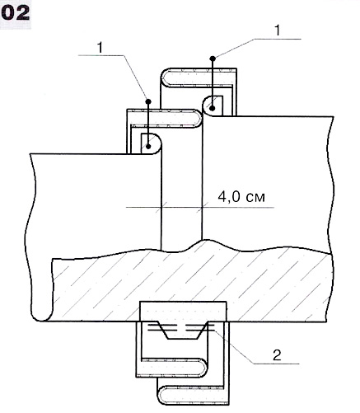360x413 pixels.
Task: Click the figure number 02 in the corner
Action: click(16, 13)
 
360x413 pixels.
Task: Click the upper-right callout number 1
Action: click(278, 30)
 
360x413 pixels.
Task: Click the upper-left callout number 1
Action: click(101, 47)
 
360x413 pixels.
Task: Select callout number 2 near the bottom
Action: click(277, 354)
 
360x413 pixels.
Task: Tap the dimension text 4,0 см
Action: click(241, 197)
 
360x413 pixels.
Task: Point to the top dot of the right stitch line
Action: click(213, 59)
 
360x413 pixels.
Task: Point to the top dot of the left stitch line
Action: click(148, 101)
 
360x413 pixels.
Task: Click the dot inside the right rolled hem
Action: click(213, 109)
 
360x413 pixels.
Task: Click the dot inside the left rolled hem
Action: click(148, 146)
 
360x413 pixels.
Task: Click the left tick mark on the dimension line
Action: click(161, 207)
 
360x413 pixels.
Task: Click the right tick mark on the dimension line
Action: click(202, 207)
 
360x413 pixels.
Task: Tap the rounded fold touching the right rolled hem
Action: click(199, 119)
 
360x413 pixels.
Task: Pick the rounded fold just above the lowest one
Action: click(203, 367)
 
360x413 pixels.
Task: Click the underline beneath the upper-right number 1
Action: click(278, 39)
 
